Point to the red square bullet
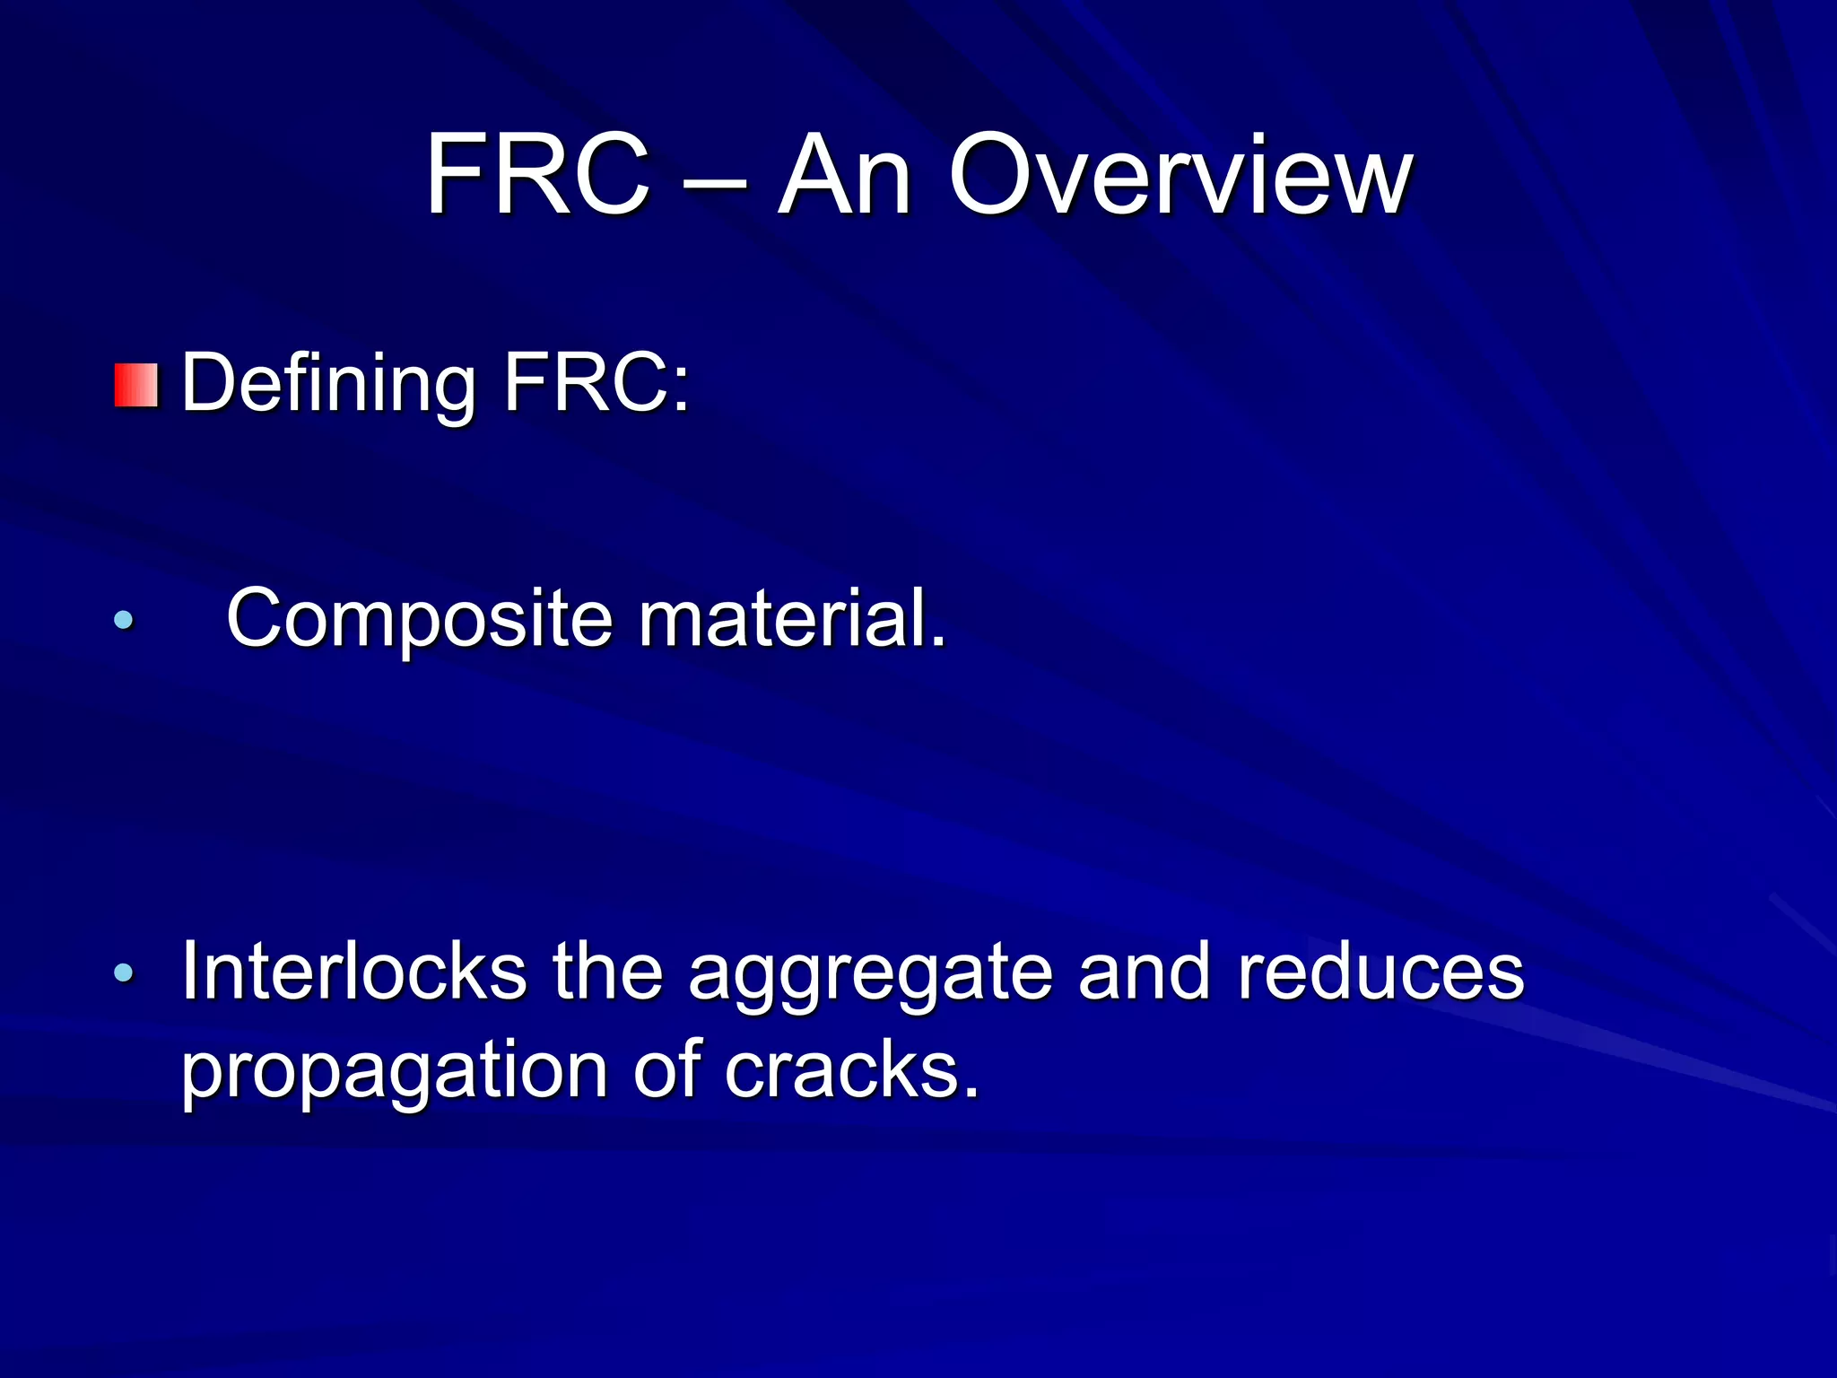(136, 386)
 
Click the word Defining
(328, 384)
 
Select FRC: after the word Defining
(596, 384)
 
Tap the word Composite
(420, 619)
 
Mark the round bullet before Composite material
(124, 619)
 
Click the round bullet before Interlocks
(124, 972)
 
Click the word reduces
(1380, 972)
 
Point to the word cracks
(852, 1069)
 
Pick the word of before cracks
(666, 1069)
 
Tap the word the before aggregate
(607, 972)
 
